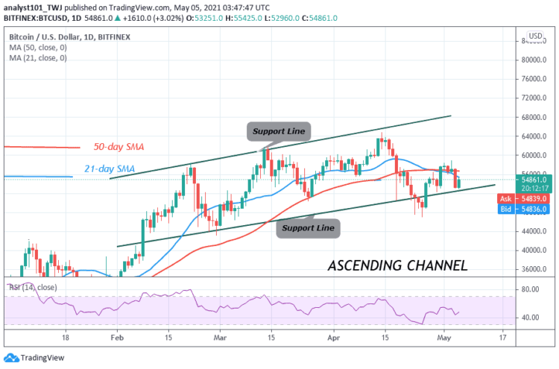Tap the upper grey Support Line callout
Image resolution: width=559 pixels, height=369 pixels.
pyautogui.click(x=278, y=132)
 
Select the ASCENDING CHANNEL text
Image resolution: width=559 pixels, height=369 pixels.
pyautogui.click(x=398, y=265)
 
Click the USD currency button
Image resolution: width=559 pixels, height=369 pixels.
pyautogui.click(x=535, y=36)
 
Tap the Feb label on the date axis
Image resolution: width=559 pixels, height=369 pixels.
pyautogui.click(x=117, y=337)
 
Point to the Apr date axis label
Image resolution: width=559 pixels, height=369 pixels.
pyautogui.click(x=332, y=337)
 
